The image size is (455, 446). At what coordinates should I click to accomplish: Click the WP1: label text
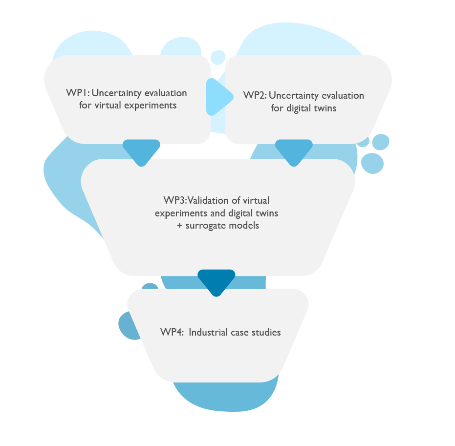(77, 93)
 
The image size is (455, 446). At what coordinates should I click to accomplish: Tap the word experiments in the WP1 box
(151, 105)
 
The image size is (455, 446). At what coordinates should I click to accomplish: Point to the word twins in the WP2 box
(325, 108)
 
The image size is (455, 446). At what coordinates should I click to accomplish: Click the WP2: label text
(255, 95)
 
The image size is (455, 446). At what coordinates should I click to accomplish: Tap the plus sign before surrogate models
(179, 226)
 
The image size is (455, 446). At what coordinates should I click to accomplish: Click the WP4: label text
(172, 333)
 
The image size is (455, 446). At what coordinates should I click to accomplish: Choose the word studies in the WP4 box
(264, 333)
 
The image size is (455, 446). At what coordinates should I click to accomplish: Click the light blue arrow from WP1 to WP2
(218, 97)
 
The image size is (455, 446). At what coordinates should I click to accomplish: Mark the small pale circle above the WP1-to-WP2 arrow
(218, 57)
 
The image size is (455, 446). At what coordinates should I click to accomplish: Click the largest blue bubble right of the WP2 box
(372, 163)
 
